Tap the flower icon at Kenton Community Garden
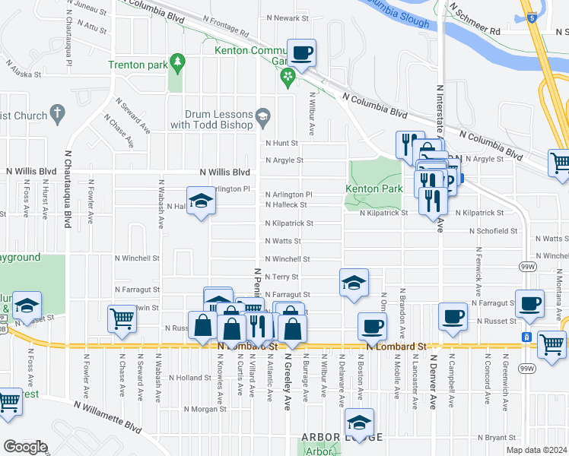[288, 74]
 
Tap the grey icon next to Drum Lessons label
[263, 116]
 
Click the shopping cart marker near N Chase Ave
[122, 319]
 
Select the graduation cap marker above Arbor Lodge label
[358, 423]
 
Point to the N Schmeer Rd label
[475, 31]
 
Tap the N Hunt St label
[281, 142]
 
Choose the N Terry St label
[281, 277]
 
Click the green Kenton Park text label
[374, 188]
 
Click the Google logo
[26, 447]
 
